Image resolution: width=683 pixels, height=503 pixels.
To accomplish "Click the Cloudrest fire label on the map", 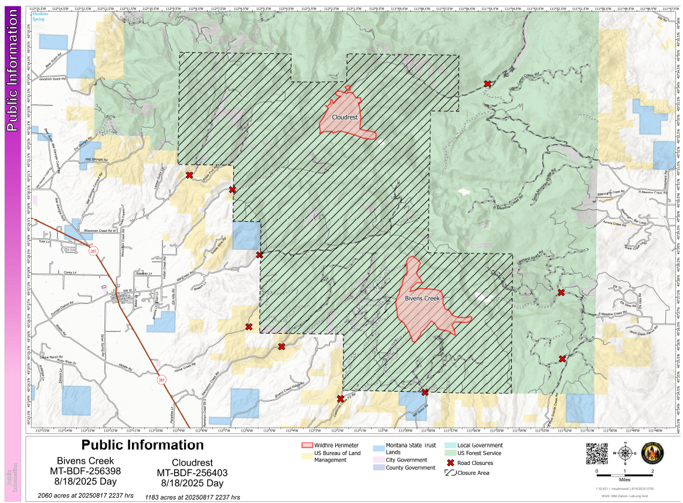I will point(345,117).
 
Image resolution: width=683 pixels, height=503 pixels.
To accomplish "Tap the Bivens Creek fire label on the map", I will point(423,299).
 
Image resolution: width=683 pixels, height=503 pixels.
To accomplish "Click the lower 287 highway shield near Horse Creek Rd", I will point(160,379).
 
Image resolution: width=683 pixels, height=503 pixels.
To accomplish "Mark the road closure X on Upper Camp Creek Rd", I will point(488,84).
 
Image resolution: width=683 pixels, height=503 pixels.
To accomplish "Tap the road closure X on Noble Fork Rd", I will point(189,175).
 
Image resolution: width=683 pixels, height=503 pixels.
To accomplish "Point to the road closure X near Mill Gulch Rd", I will point(425,392).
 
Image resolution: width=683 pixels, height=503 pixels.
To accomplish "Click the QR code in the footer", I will point(596,453).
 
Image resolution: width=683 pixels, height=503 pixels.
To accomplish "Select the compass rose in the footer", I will point(625,453).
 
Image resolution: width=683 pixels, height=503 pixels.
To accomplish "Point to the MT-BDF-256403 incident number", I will point(192,473).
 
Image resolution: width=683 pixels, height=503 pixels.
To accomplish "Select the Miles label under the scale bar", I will point(625,479).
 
